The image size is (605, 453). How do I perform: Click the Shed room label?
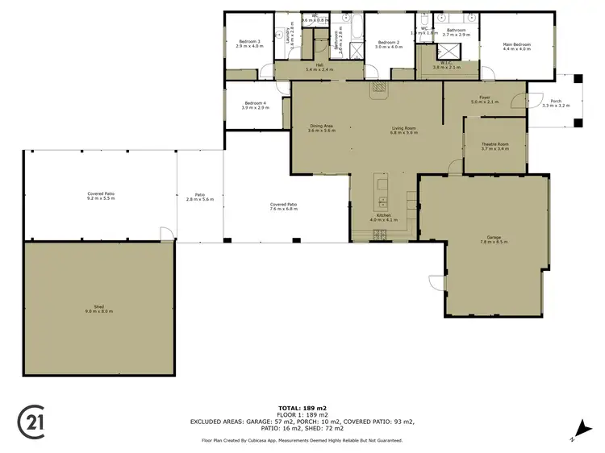tap(99, 307)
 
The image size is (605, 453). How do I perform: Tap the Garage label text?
tap(494, 239)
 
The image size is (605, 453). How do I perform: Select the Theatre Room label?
tap(494, 145)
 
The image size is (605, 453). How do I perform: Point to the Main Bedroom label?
tap(518, 46)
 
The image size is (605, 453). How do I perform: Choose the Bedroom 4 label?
tap(256, 104)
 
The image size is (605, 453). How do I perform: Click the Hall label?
tap(319, 67)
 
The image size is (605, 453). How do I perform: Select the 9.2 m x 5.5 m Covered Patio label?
tap(101, 195)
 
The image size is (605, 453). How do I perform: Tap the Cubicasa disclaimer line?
tap(302, 441)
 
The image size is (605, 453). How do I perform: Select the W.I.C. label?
tap(446, 64)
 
